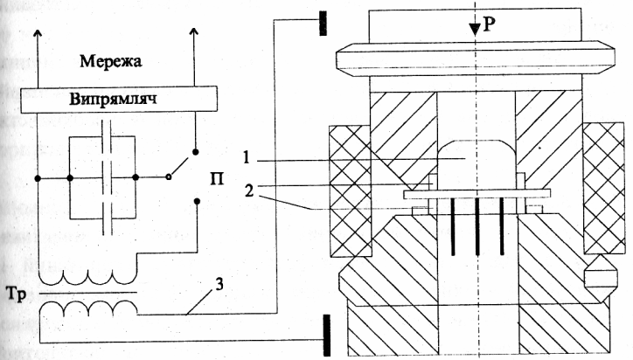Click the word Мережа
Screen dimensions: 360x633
(x=111, y=63)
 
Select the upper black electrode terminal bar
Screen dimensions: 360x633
(x=323, y=23)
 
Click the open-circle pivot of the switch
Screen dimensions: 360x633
(x=170, y=178)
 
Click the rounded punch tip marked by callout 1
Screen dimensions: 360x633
(x=473, y=157)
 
